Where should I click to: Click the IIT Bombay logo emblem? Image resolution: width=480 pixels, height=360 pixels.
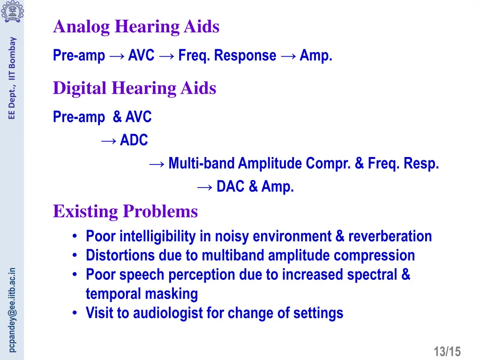12,11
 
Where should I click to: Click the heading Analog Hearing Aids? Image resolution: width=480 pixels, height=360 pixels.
136,27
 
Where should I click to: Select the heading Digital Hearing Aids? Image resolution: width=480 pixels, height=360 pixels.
135,88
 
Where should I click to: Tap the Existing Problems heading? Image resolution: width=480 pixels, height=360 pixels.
125,211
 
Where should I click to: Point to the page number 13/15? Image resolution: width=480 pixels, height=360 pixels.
447,351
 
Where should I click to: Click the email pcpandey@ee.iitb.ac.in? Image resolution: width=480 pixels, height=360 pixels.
13,309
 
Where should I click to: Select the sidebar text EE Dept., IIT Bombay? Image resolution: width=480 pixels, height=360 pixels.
13,78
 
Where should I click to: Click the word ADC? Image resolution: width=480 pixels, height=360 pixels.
134,140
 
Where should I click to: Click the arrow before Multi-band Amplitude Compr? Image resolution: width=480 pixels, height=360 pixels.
157,164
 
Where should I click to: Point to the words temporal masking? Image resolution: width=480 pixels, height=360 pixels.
142,294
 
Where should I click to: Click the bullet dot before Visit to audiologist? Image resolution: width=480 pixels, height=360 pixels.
75,313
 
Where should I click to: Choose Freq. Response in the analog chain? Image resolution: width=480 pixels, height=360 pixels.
227,55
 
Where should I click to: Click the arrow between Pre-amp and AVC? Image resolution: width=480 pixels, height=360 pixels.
116,56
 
